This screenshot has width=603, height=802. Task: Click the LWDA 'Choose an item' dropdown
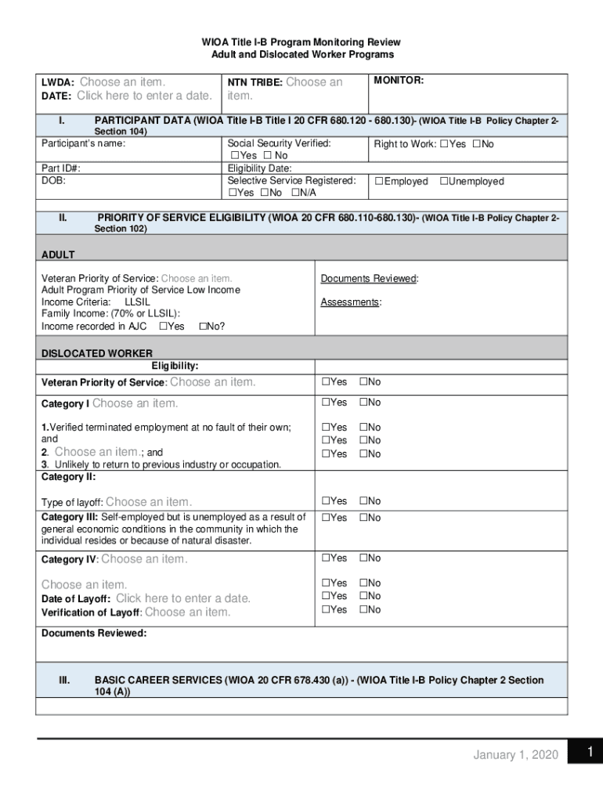(122, 81)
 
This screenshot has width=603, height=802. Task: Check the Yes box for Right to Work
(444, 144)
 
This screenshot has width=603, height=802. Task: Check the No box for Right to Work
(476, 144)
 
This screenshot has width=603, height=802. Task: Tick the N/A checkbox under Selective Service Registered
(295, 193)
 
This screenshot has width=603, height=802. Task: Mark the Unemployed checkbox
(444, 182)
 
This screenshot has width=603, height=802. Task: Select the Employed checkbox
(379, 182)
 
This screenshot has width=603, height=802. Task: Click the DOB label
(53, 180)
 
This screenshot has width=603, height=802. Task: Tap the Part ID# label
(60, 168)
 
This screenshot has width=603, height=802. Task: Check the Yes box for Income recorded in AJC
(163, 327)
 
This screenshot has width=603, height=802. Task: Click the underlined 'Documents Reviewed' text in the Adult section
(369, 278)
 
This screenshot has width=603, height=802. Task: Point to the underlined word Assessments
(350, 302)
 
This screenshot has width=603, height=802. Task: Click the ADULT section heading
(58, 255)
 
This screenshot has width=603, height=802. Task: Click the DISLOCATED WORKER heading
(96, 353)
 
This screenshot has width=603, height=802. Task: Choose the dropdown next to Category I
(135, 403)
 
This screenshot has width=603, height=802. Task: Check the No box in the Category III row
(363, 518)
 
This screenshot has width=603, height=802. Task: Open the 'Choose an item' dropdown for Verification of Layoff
(188, 612)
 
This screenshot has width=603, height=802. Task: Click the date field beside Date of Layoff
(183, 598)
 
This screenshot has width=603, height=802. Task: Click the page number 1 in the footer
(590, 753)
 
